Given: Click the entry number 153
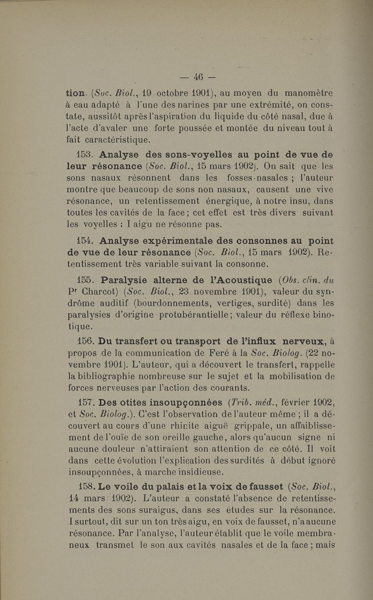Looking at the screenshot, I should click(84, 154).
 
